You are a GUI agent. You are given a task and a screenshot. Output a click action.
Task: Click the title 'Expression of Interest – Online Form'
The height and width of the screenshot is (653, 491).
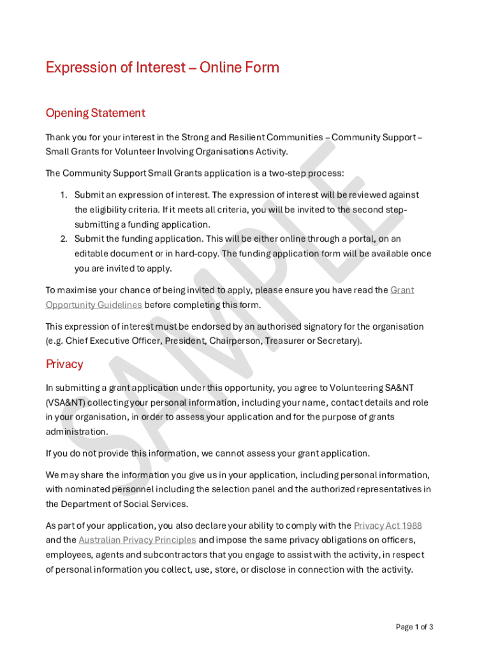click(x=162, y=68)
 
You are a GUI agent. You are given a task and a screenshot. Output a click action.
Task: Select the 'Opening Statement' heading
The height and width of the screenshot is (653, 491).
click(x=95, y=113)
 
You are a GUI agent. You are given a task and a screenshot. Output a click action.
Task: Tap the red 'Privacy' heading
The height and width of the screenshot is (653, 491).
click(x=64, y=364)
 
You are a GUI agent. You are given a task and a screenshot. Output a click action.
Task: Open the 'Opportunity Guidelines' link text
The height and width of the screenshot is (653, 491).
click(x=94, y=305)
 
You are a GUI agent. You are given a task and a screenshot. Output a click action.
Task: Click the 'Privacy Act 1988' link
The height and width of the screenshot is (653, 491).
click(x=388, y=526)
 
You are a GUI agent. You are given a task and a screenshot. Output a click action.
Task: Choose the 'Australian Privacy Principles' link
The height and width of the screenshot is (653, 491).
click(x=137, y=540)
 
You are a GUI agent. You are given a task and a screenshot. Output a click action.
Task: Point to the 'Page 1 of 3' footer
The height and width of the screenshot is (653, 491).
click(x=414, y=627)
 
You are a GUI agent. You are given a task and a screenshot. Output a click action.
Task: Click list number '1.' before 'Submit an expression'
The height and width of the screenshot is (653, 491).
click(x=64, y=195)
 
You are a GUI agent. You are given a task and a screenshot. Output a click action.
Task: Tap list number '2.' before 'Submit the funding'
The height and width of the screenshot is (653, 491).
click(x=64, y=239)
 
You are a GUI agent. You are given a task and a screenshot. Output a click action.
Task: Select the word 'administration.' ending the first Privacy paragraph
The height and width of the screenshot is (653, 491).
click(x=77, y=432)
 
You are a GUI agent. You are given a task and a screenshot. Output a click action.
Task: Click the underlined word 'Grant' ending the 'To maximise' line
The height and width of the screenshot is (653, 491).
click(x=402, y=290)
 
